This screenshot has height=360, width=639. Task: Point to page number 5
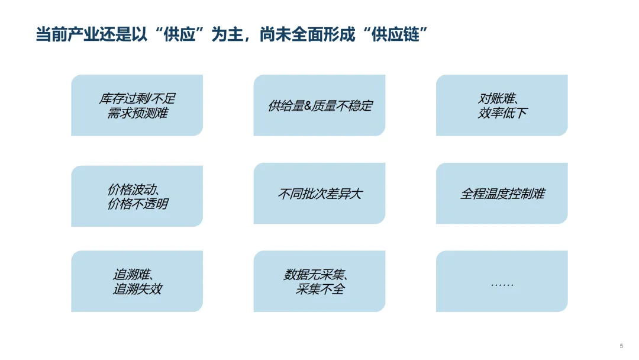621,346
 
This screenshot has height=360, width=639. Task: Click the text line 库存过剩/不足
137,98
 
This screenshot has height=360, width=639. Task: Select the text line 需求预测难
137,112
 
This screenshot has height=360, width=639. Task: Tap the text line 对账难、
502,98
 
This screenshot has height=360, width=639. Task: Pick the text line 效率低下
502,112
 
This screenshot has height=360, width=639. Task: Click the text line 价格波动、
137,189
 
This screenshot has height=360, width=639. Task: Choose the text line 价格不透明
137,204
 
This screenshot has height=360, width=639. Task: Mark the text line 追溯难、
137,275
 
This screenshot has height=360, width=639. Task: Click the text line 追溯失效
137,289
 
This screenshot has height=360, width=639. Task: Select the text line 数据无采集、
319,275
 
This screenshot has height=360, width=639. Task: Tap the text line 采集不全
319,289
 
